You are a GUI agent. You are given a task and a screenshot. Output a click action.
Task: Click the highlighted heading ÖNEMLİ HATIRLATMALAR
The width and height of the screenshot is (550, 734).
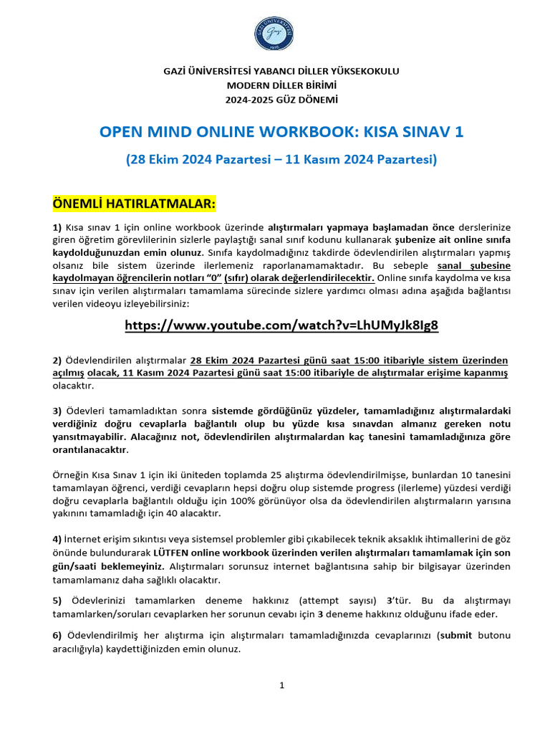[134, 204]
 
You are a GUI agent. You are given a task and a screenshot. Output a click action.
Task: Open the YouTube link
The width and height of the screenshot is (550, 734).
[281, 325]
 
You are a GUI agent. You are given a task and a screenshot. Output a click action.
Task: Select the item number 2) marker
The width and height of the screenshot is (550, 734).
[57, 361]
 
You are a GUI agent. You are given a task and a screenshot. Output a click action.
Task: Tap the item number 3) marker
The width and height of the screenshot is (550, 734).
[57, 411]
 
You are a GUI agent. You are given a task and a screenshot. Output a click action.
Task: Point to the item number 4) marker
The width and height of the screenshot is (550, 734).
[57, 538]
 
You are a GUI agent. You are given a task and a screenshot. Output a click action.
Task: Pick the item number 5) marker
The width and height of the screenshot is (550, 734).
[57, 601]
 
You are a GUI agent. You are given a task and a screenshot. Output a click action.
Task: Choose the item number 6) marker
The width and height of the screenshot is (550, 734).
[57, 636]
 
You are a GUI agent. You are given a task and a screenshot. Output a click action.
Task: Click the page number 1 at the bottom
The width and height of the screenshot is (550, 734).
[281, 685]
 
